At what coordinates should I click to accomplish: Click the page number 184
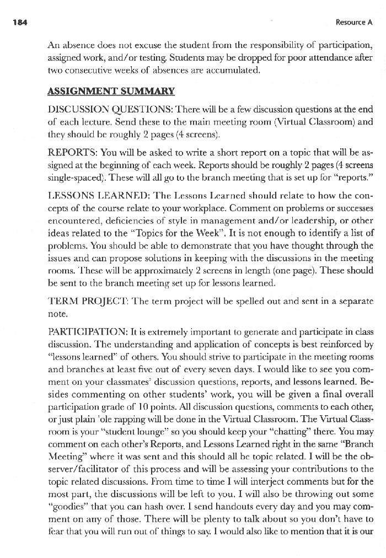(14, 23)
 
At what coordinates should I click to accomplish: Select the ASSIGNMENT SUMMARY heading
(112, 91)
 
